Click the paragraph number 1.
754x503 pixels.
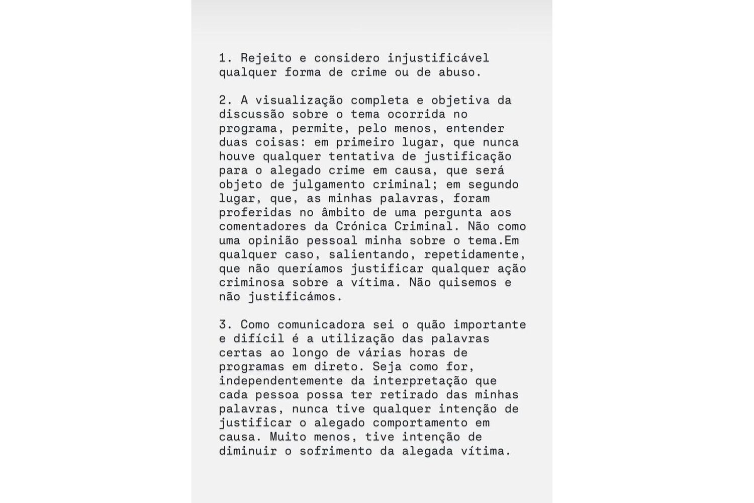pyautogui.click(x=223, y=58)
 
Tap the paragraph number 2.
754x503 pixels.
pyautogui.click(x=223, y=100)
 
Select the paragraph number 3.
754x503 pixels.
pyautogui.click(x=223, y=324)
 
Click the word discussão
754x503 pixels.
pyautogui.click(x=251, y=114)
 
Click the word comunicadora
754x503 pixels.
pyautogui.click(x=321, y=324)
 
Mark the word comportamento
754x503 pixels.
pyautogui.click(x=420, y=423)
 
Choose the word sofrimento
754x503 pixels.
pyautogui.click(x=336, y=451)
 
